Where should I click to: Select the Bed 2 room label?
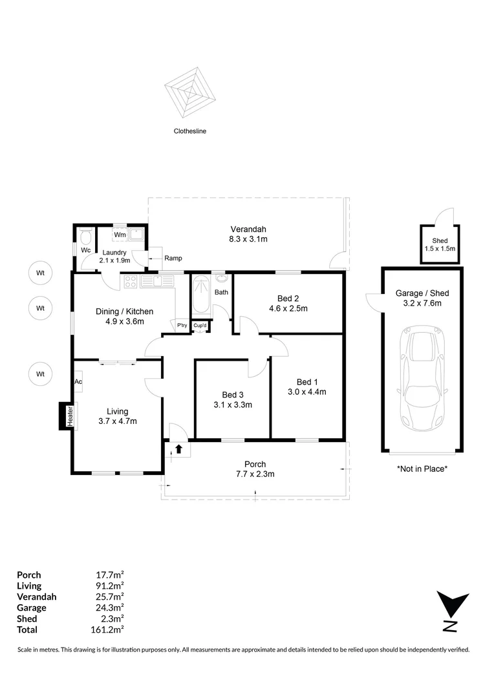(x=288, y=298)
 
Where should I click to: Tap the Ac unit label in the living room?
(x=78, y=381)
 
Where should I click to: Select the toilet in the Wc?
(x=85, y=236)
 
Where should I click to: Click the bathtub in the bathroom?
(x=199, y=297)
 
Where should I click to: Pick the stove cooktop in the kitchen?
(x=129, y=281)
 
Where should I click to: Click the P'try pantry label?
(x=182, y=325)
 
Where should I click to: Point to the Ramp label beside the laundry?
(x=173, y=258)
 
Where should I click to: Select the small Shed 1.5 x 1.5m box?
(x=440, y=244)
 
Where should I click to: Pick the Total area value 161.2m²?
(x=109, y=629)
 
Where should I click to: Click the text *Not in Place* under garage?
(x=422, y=469)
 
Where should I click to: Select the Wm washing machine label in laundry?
(x=120, y=235)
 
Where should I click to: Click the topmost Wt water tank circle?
(x=40, y=273)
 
